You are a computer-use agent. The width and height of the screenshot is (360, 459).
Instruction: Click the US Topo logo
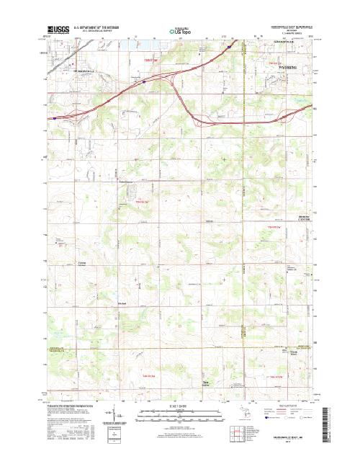pyautogui.click(x=180, y=31)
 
